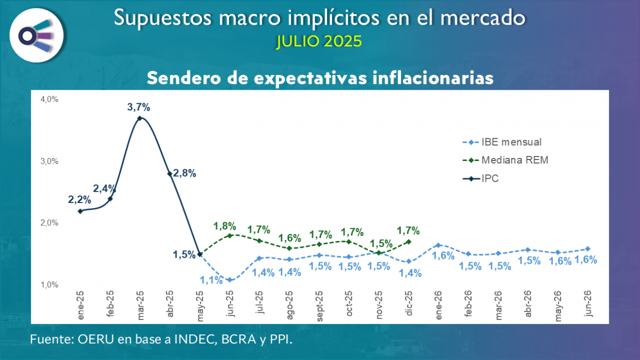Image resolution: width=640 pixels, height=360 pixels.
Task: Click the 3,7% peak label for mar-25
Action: (x=139, y=107)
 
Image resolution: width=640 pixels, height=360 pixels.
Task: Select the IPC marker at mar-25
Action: (x=140, y=119)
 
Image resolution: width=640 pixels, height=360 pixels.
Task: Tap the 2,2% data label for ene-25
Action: (x=80, y=200)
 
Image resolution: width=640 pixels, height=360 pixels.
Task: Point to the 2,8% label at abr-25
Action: (x=185, y=173)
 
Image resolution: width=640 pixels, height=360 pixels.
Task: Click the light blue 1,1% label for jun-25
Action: (x=211, y=280)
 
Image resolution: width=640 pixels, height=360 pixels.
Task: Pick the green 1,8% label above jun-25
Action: (x=225, y=226)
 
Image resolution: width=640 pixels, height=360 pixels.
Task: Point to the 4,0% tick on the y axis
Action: (x=49, y=99)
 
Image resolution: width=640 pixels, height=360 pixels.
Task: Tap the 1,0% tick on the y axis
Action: (x=49, y=285)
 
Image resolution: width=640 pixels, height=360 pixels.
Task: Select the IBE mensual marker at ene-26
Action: (x=438, y=245)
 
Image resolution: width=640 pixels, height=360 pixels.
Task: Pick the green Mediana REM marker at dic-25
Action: (x=408, y=242)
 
